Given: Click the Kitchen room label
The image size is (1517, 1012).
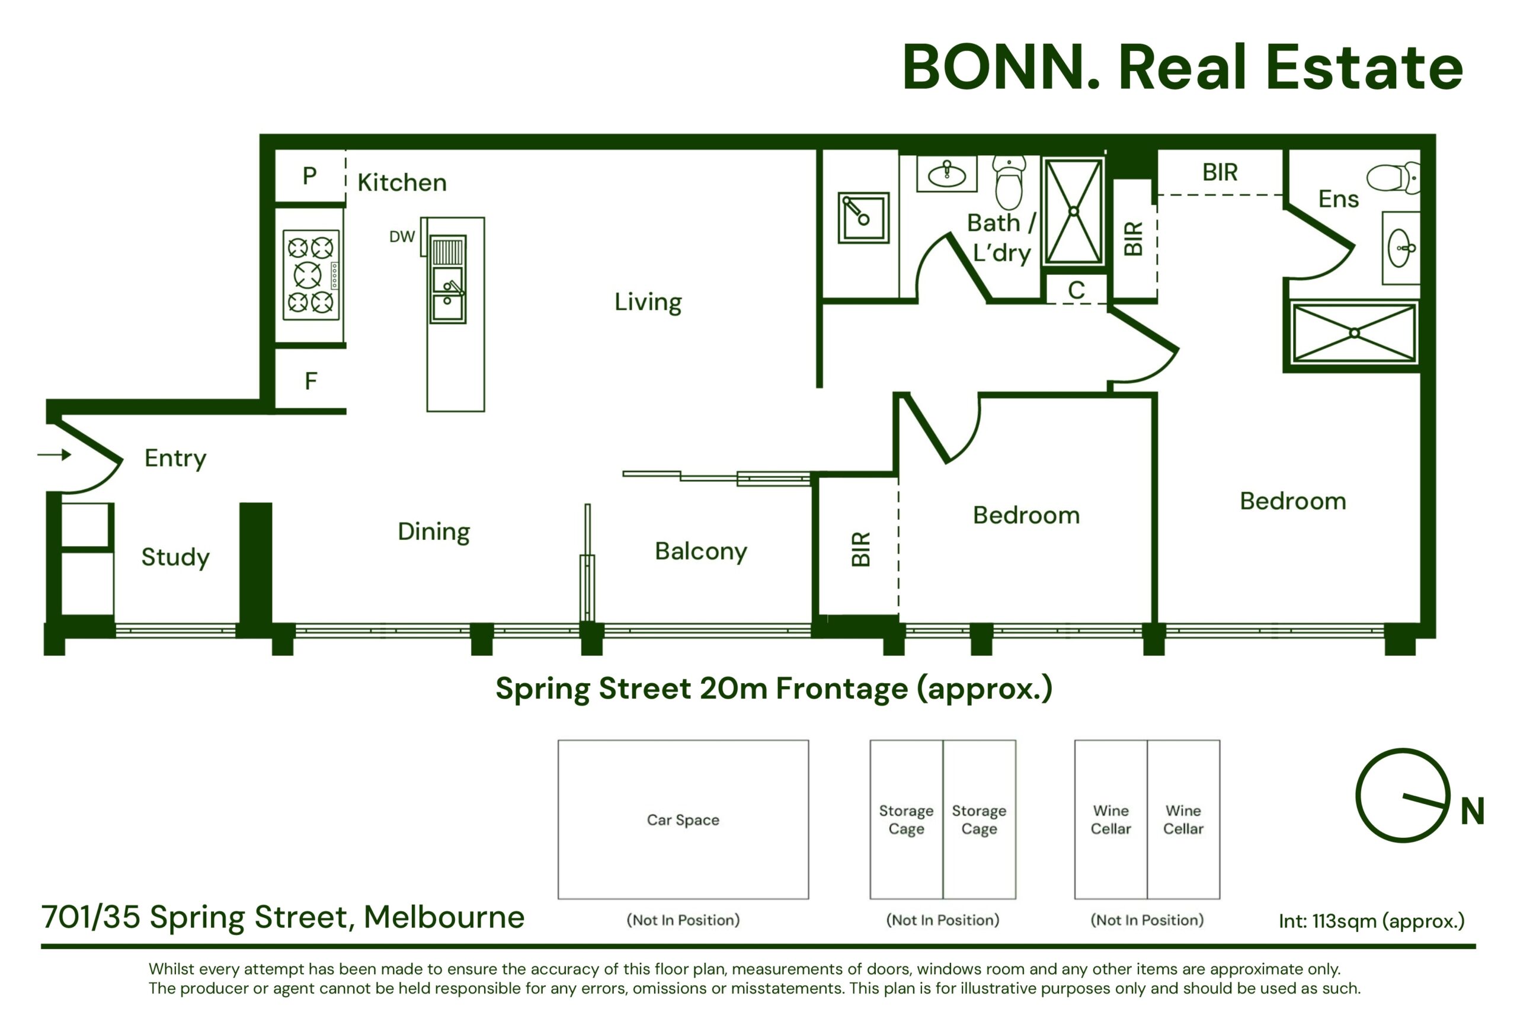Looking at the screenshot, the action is point(402,182).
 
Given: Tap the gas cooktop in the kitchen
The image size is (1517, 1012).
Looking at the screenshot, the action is point(311,275).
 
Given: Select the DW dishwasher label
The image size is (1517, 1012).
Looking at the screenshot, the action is point(402,237).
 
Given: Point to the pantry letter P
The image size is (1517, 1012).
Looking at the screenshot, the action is point(310,175).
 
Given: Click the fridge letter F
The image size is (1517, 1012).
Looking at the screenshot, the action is point(311,381).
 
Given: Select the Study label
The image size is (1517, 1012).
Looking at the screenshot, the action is point(175,557).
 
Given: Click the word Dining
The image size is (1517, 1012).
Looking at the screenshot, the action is point(434,532).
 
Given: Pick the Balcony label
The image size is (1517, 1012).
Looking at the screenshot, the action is point(701,551).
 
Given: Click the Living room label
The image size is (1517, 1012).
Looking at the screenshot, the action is point(648,302).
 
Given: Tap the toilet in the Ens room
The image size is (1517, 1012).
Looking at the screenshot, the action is point(1393,178).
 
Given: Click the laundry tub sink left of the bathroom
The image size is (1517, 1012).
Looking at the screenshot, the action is point(864,217).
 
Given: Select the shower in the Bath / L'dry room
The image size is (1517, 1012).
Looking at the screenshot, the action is point(1074,212).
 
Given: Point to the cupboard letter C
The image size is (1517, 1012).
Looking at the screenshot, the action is point(1076,290).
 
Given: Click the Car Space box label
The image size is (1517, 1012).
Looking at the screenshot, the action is point(683,820).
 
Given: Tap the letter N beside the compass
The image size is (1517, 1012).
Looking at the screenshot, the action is point(1473,811).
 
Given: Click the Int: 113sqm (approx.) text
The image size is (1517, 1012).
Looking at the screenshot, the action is point(1372,921).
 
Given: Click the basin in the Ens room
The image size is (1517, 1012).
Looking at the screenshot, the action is point(1401,248).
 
